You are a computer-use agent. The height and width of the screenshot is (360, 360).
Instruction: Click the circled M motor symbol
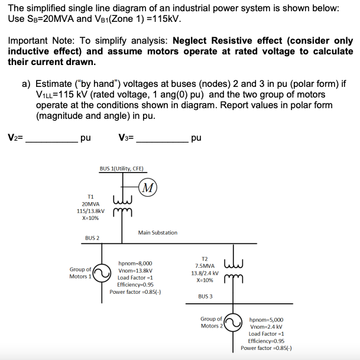click(150, 188)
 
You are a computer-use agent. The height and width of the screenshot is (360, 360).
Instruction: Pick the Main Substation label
click(157, 232)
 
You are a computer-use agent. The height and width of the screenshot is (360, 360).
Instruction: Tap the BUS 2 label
click(92, 238)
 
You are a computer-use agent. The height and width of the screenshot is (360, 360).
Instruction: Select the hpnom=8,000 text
click(135, 263)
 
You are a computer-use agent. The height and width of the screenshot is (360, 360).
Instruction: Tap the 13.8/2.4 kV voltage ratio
click(205, 273)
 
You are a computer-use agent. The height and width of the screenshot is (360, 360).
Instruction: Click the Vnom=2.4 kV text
click(266, 326)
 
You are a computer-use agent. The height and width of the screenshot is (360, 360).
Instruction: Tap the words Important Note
click(41, 41)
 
